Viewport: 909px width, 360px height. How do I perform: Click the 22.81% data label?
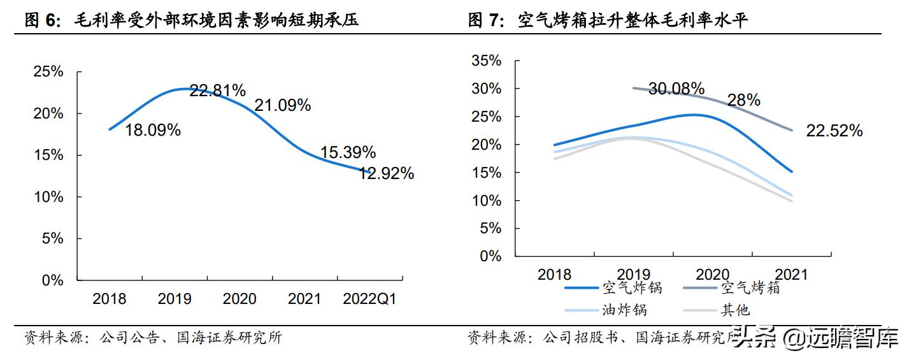(x=217, y=90)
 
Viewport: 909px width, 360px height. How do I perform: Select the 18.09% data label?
(x=152, y=130)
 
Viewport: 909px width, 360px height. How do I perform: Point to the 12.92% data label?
(x=386, y=173)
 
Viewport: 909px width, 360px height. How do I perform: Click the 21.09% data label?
(x=282, y=105)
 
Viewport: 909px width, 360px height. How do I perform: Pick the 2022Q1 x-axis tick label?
(x=369, y=299)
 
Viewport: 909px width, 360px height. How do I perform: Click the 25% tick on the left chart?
(x=48, y=72)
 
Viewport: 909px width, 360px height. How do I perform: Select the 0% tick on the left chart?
(x=53, y=280)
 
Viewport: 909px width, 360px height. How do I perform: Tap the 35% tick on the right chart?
(x=487, y=61)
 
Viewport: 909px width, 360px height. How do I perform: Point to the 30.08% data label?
(x=676, y=89)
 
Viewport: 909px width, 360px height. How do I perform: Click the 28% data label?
(x=744, y=100)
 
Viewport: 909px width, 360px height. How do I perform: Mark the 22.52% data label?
(x=834, y=131)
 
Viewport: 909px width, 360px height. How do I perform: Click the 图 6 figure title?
(x=191, y=20)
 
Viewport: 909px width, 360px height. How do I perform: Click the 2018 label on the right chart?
(x=554, y=275)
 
